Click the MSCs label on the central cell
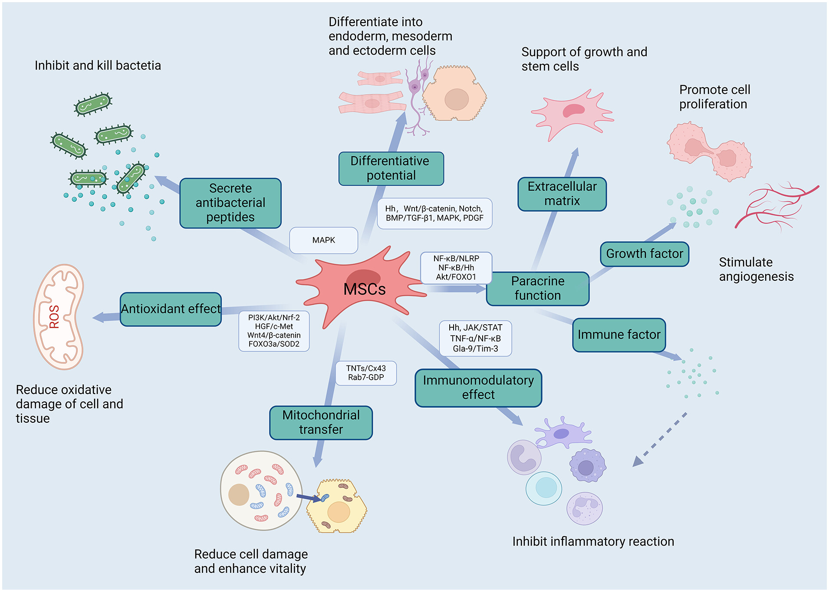coord(364,289)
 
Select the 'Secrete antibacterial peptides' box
coord(230,203)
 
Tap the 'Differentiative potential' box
coord(391,168)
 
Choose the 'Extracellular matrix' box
coord(562,194)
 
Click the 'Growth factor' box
coord(645,254)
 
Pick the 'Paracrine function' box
coord(538,289)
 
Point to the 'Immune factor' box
coord(619,335)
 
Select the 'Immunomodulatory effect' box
coord(478,388)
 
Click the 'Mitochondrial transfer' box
coord(321,422)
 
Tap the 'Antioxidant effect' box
coord(171,309)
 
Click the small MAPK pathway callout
coord(324,240)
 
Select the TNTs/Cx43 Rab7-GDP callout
coord(366,373)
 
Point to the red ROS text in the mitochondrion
coord(54,316)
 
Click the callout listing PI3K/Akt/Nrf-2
coord(274,331)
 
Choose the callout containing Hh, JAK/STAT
coord(475,338)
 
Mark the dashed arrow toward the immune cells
coord(660,440)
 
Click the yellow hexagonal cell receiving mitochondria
coord(337,506)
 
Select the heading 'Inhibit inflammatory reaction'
coord(593,542)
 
